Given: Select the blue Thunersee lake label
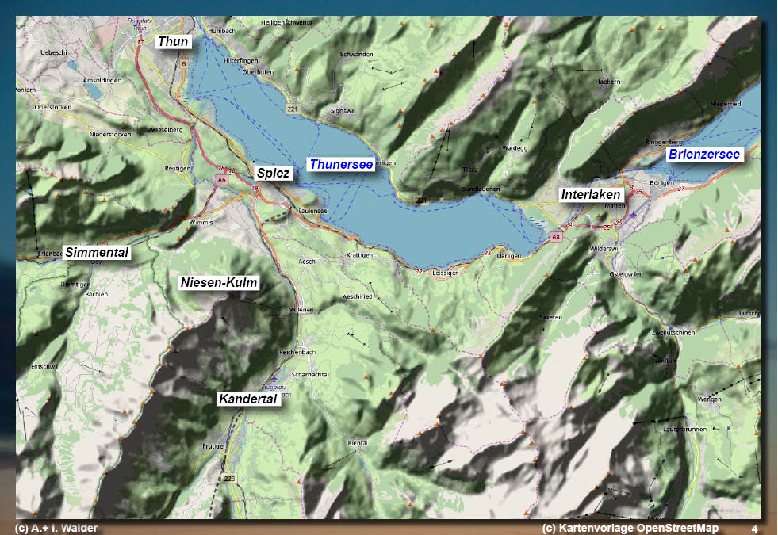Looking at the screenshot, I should [x=341, y=165].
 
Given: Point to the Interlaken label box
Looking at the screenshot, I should [x=591, y=195].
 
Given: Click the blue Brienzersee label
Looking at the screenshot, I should [x=703, y=154].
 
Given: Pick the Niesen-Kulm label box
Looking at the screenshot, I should [x=220, y=283].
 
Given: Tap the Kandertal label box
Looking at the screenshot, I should [x=247, y=399].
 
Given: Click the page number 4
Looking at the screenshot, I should [x=754, y=528].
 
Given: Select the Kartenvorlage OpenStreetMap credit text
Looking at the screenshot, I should [x=630, y=528].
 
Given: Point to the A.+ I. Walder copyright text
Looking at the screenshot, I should [x=56, y=528].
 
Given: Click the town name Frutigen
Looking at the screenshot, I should [x=215, y=446].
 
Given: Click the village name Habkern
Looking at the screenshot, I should [x=607, y=82].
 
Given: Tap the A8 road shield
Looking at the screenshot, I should [x=556, y=237].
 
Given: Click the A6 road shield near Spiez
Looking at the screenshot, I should [x=221, y=180].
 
